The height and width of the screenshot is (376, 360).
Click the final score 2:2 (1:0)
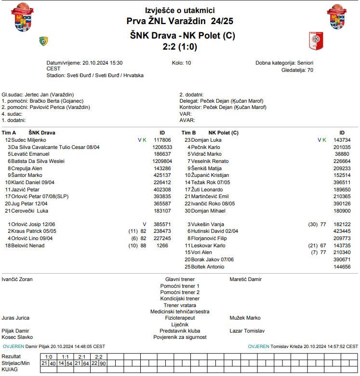[180, 47]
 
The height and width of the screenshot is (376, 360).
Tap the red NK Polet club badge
[316, 41]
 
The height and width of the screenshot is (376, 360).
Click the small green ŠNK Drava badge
[44, 41]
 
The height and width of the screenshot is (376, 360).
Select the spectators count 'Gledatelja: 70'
[297, 70]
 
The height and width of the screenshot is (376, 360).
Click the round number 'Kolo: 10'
[181, 63]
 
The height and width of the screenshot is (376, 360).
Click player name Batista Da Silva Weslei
[38, 161]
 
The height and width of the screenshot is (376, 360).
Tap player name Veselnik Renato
[210, 161]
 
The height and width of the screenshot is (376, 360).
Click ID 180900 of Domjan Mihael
[342, 211]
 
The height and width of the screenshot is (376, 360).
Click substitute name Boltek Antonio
[208, 267]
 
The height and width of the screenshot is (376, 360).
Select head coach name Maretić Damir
[246, 279]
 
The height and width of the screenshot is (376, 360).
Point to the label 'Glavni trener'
[180, 279]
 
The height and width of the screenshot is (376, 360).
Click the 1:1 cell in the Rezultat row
[66, 357]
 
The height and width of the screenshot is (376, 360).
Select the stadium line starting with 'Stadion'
[95, 76]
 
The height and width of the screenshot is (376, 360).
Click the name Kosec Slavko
[17, 337]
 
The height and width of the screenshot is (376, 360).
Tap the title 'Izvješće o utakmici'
[180, 10]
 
